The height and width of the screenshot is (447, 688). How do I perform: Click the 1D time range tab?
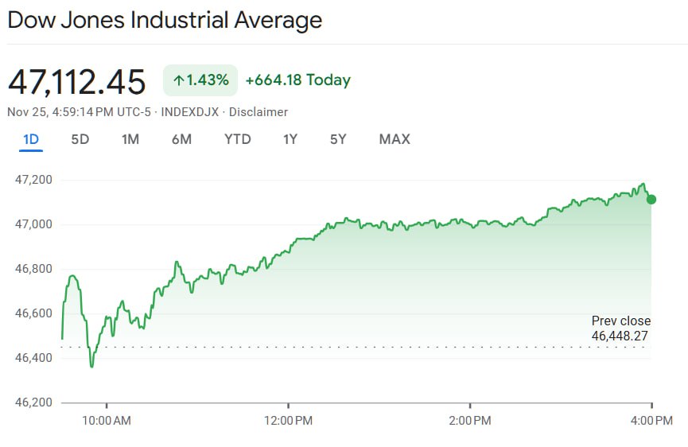click(31, 139)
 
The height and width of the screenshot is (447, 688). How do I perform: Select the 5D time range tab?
click(80, 139)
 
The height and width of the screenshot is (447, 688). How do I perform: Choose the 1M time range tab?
click(130, 139)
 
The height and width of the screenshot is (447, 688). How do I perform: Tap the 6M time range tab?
click(181, 139)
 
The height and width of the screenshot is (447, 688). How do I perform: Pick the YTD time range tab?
click(237, 139)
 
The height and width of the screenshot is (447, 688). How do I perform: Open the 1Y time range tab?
click(290, 139)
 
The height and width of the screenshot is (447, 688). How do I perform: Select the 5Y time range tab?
click(338, 139)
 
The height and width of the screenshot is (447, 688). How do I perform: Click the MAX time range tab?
click(395, 139)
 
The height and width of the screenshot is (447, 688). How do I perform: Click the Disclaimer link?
click(258, 112)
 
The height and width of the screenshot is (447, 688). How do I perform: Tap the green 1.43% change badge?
click(200, 80)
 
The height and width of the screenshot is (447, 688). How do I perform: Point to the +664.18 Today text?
click(297, 80)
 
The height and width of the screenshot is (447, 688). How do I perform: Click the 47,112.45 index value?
click(77, 82)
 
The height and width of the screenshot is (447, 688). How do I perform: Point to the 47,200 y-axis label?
click(33, 180)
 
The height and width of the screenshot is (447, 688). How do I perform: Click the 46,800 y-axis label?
click(33, 269)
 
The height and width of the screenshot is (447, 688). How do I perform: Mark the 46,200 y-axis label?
click(33, 402)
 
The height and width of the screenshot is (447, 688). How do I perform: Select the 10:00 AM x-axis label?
click(107, 420)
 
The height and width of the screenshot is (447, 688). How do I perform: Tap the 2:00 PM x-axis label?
click(469, 420)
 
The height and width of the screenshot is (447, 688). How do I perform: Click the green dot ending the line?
click(651, 199)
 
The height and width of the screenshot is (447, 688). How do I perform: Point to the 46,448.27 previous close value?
click(620, 336)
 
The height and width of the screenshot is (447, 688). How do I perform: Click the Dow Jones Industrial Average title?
click(165, 20)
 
